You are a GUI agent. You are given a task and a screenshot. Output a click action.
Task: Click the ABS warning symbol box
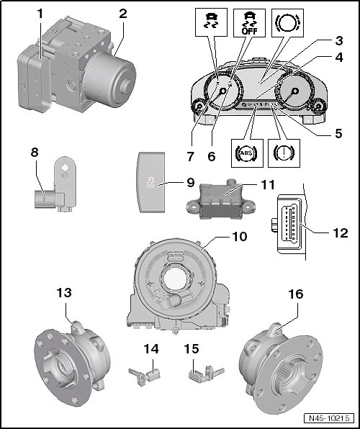click(x=247, y=153)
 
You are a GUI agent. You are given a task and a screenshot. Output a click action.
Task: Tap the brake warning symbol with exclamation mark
click(x=284, y=153)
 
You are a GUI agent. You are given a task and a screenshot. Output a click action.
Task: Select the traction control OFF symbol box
click(x=249, y=23)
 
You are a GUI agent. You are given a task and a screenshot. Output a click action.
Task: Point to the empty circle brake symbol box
click(x=287, y=23)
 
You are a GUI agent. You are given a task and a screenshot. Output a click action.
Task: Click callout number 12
click(x=341, y=233)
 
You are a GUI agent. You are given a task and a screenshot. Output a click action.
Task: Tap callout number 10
click(x=240, y=237)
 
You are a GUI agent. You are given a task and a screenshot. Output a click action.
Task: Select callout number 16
click(x=296, y=294)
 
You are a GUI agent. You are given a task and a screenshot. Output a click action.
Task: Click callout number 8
click(x=35, y=153)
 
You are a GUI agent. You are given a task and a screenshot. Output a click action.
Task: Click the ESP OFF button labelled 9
click(x=151, y=182)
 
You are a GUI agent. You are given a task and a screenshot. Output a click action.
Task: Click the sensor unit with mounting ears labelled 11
click(x=220, y=202)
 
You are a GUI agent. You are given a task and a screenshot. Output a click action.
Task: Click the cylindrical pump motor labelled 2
click(x=110, y=79)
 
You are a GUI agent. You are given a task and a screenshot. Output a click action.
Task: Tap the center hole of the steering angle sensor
click(x=176, y=279)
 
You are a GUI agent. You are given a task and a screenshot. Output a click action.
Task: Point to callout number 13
click(x=64, y=293)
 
